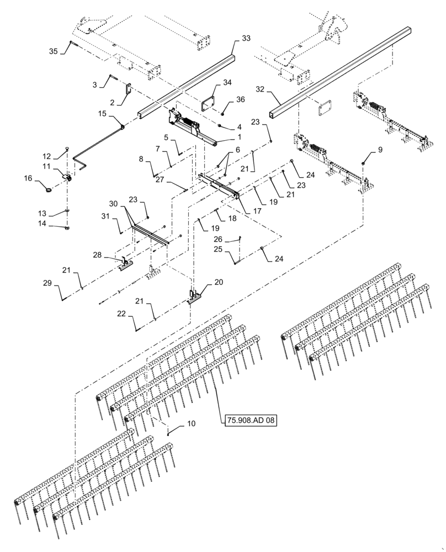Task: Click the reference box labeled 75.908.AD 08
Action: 249,421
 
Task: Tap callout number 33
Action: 246,38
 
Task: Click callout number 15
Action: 102,114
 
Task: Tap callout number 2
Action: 112,103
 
